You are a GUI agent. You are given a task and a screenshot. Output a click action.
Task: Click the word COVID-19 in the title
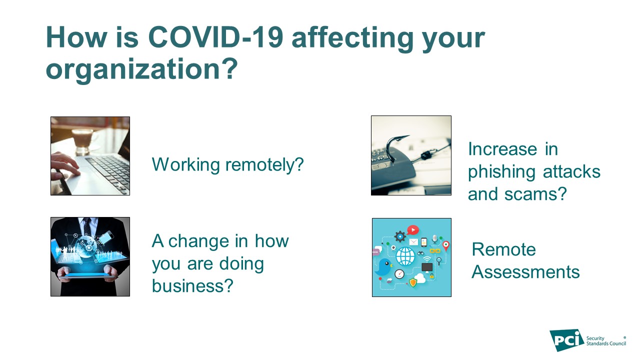215,37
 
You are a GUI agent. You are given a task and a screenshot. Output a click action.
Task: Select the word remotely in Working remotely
264,165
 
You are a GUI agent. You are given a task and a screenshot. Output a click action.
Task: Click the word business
193,285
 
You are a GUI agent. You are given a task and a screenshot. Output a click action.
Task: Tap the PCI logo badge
567,340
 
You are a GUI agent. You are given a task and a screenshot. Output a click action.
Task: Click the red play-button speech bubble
413,230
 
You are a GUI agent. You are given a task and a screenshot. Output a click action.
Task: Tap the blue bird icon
383,267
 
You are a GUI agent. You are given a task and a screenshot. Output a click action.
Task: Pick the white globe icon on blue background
405,256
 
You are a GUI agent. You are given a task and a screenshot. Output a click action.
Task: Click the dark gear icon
400,236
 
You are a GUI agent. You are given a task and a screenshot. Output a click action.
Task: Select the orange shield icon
413,282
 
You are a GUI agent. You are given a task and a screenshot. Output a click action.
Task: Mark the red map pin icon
445,245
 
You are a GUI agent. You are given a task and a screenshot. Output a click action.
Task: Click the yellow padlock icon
431,275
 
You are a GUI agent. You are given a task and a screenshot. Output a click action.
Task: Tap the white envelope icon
413,242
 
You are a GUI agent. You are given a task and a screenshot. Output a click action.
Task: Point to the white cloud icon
420,277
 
